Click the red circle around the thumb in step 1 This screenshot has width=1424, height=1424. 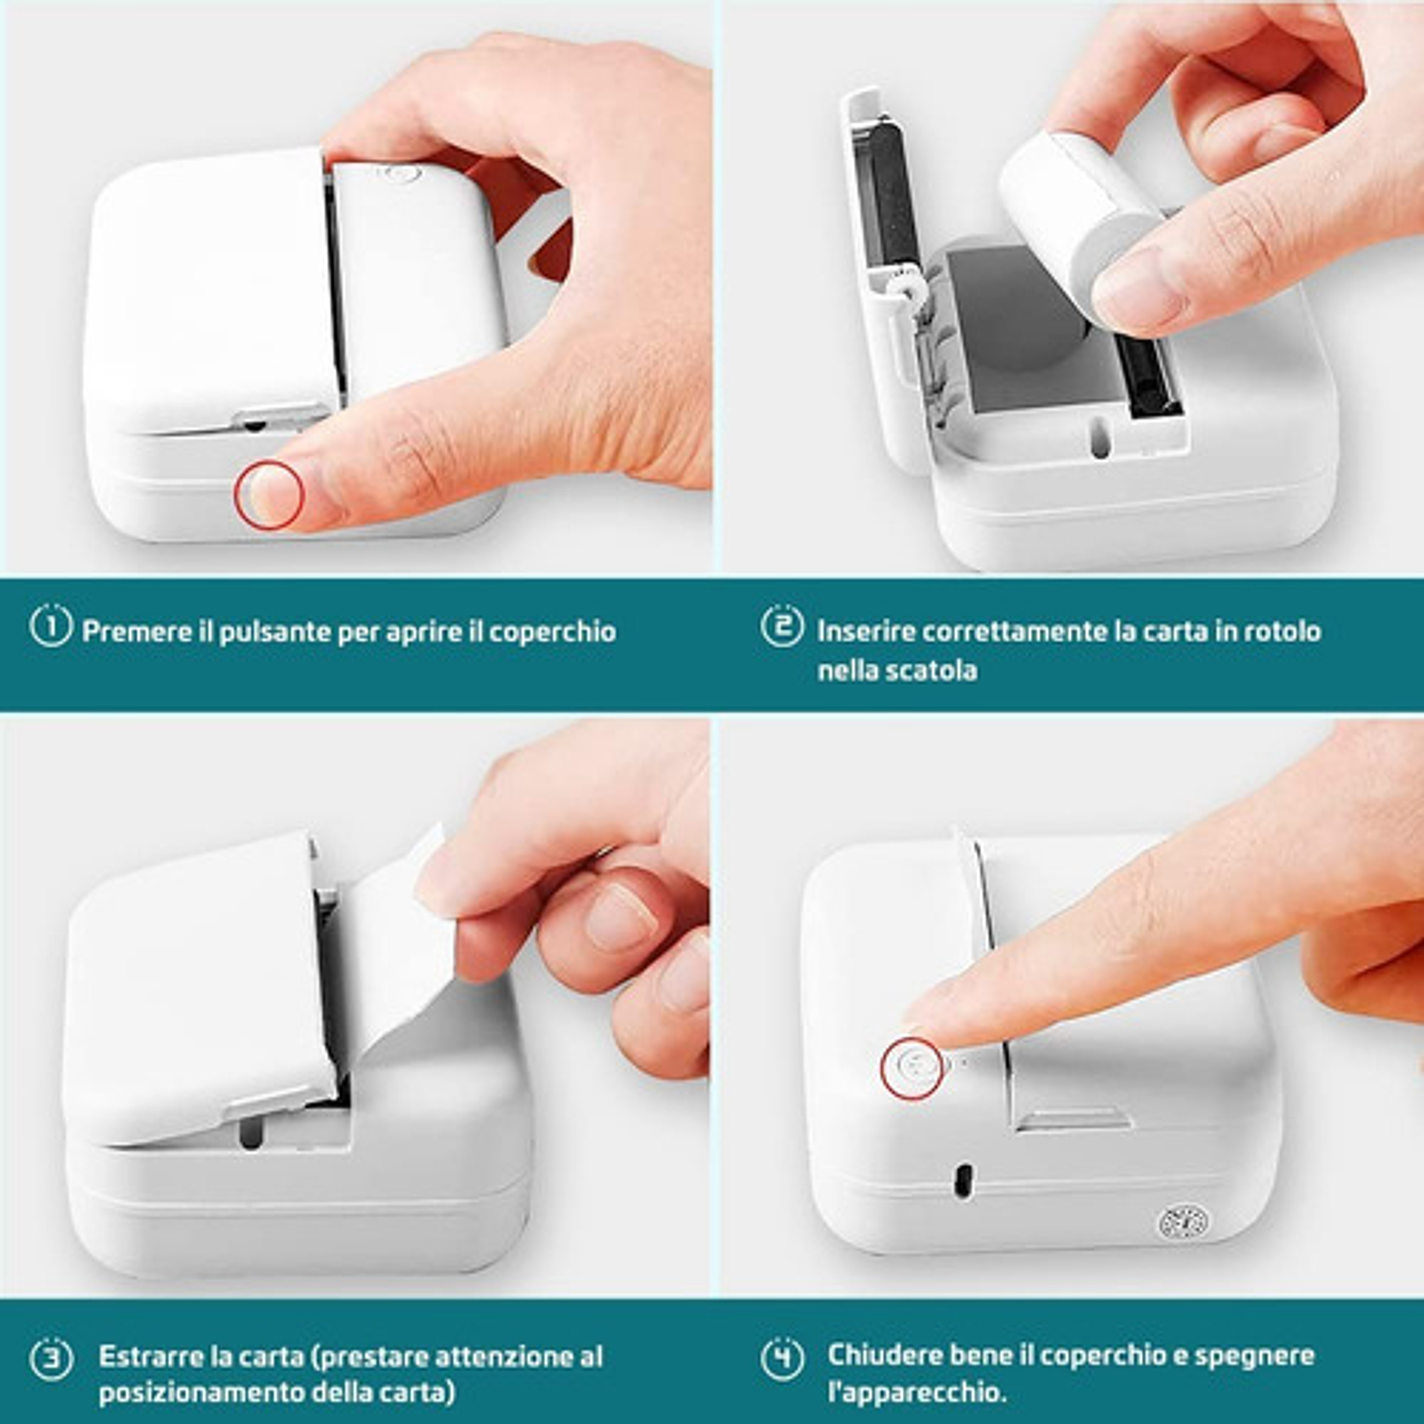(269, 494)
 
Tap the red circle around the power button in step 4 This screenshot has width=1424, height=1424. (912, 1068)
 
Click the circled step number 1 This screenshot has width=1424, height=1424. (50, 626)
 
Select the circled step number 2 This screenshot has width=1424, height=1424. (781, 626)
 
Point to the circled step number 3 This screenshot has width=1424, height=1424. (50, 1359)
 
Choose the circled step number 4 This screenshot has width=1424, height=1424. (781, 1358)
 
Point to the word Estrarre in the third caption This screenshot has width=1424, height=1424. (151, 1356)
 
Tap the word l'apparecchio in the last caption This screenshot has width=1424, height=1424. (916, 1392)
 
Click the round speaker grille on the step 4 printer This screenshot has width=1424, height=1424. (1183, 1223)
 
